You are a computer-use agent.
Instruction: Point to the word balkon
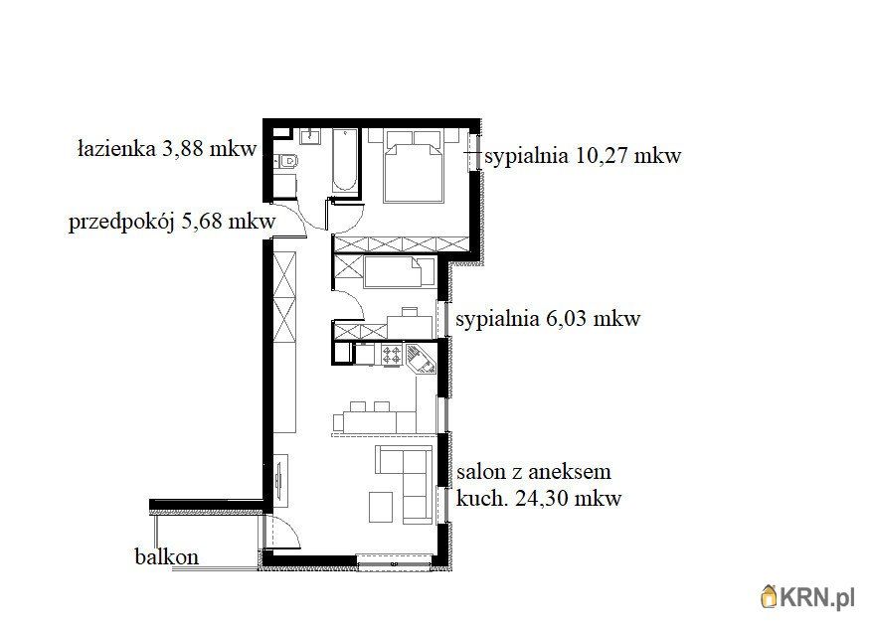[166, 556]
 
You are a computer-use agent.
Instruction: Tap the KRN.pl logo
[807, 596]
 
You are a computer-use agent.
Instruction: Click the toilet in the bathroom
[289, 162]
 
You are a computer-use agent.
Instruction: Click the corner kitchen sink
[422, 358]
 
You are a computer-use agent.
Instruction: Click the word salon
[480, 472]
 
